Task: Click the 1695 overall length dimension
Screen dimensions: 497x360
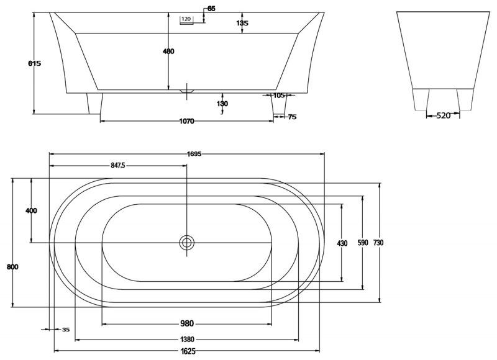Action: tap(194, 154)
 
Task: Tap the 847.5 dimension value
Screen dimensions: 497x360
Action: tap(118, 166)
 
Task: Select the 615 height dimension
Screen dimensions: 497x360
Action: tap(35, 63)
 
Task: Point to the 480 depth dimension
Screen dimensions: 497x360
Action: tap(168, 52)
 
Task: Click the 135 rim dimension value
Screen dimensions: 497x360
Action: tap(242, 23)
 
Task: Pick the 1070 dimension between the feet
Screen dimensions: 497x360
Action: tap(187, 121)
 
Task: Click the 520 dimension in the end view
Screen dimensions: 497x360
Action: tap(444, 116)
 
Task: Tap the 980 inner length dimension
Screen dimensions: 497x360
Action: tap(187, 323)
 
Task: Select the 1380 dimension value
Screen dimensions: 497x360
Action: tap(187, 340)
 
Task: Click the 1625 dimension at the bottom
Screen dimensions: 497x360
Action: tap(188, 351)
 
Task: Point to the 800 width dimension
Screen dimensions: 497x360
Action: tap(12, 267)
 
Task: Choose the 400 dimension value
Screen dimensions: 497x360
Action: tap(31, 210)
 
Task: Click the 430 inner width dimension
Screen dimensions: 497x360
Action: tap(342, 243)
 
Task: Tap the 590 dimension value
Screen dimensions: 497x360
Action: tap(363, 243)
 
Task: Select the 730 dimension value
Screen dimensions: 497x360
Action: tap(378, 243)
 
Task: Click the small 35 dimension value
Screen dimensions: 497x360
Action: tap(66, 330)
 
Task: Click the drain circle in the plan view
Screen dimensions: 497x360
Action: tap(187, 243)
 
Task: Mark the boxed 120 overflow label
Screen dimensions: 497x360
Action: tap(186, 19)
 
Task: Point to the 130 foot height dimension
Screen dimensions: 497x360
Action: tap(222, 104)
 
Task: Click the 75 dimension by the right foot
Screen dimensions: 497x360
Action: tap(292, 117)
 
